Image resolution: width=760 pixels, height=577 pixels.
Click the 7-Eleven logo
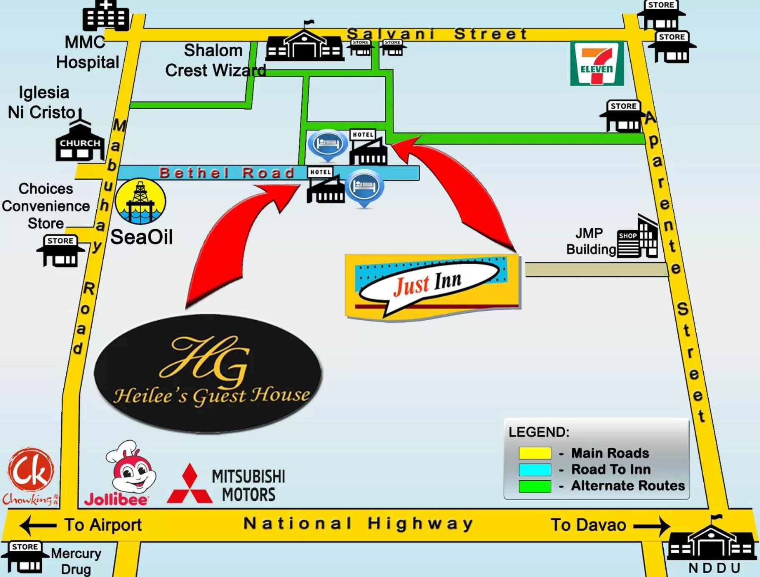pyautogui.click(x=597, y=63)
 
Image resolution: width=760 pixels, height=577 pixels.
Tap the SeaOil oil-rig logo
pyautogui.click(x=140, y=202)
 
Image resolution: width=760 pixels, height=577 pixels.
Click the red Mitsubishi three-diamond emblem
pyautogui.click(x=190, y=484)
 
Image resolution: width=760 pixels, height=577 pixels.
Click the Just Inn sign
pyautogui.click(x=432, y=286)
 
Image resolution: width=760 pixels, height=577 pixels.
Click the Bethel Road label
pyautogui.click(x=227, y=173)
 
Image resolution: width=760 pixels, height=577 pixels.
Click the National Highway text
pyautogui.click(x=358, y=524)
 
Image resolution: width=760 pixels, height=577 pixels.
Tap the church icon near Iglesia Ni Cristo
pyautogui.click(x=80, y=143)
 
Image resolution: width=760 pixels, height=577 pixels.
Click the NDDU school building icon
pyautogui.click(x=712, y=539)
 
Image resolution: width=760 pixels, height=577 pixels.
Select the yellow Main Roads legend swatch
pyautogui.click(x=534, y=453)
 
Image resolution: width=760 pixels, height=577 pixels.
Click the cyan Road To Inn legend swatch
pyautogui.click(x=534, y=470)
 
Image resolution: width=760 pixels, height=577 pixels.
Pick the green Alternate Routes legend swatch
pyautogui.click(x=534, y=487)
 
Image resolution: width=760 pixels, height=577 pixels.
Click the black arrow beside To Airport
pyautogui.click(x=38, y=525)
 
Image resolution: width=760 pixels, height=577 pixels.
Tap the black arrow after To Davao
pyautogui.click(x=651, y=526)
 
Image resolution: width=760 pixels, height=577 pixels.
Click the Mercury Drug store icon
pyautogui.click(x=25, y=558)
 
